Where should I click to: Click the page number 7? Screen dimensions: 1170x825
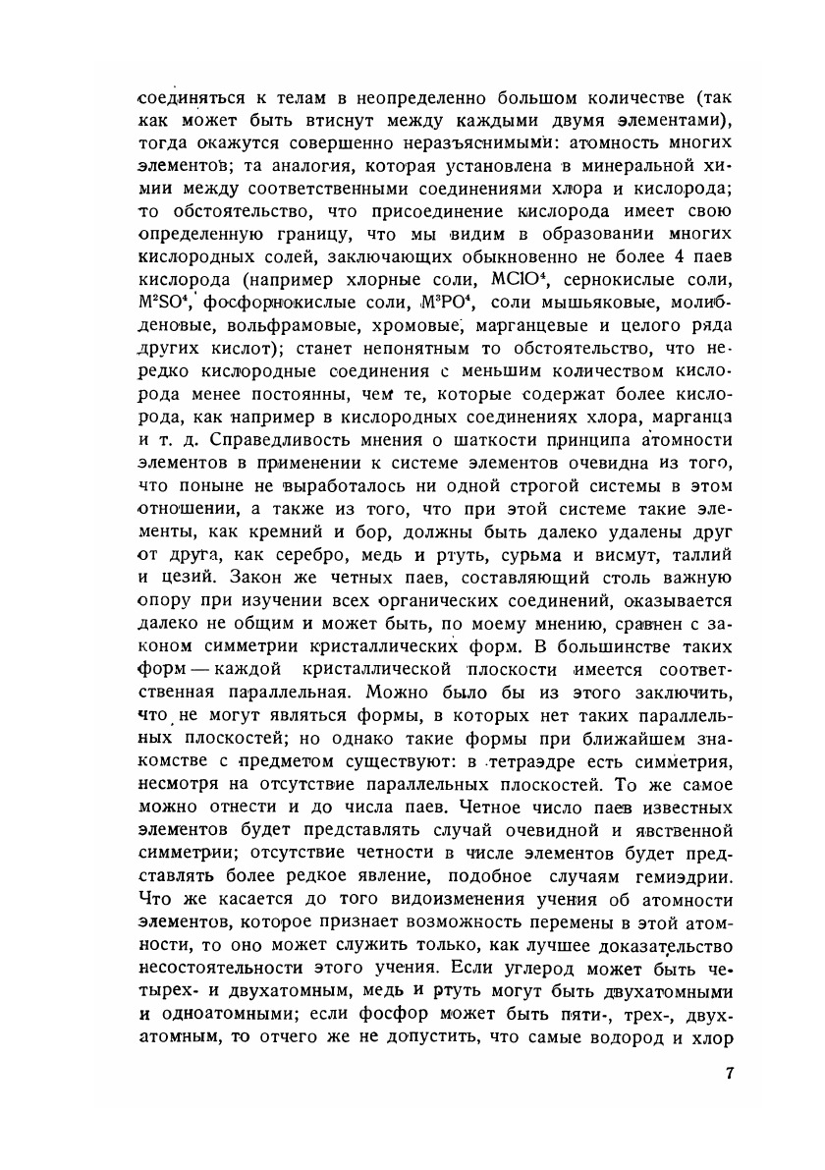point(729,1073)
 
